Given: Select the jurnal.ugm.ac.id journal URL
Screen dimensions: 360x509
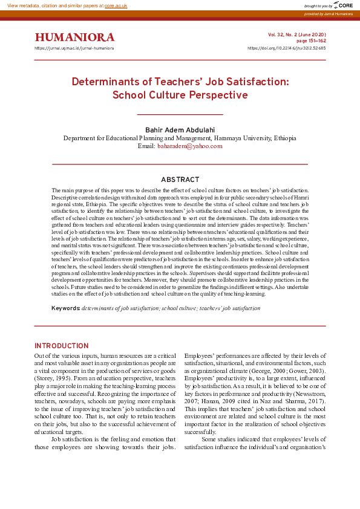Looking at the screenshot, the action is coord(74,48).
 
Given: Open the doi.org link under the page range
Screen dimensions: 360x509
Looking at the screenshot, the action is coord(287,48).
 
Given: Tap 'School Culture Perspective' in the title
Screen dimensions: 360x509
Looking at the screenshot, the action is coord(180,95).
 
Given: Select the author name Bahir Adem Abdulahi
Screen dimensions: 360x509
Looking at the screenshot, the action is coord(180,130).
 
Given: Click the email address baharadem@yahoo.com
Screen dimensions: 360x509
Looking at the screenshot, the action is coord(190,146).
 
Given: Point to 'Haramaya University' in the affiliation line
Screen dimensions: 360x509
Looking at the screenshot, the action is coord(241,138).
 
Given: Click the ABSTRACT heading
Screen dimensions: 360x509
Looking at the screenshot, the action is coord(180,180).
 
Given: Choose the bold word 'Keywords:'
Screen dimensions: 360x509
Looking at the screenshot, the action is coord(66,308).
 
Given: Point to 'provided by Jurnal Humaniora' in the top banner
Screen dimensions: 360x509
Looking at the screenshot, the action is coord(328,13).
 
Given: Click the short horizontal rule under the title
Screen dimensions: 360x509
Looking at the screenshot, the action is coord(180,114).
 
